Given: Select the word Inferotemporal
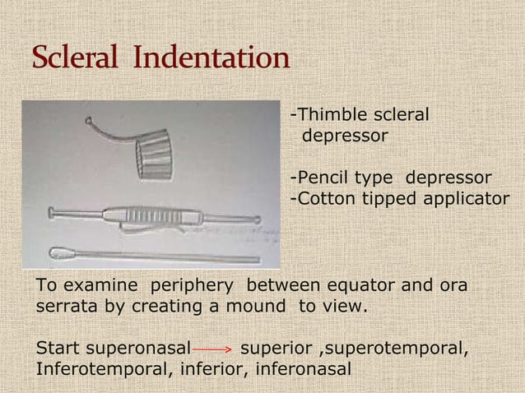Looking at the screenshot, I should [100, 368].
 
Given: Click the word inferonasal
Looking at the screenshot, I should [304, 368].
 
